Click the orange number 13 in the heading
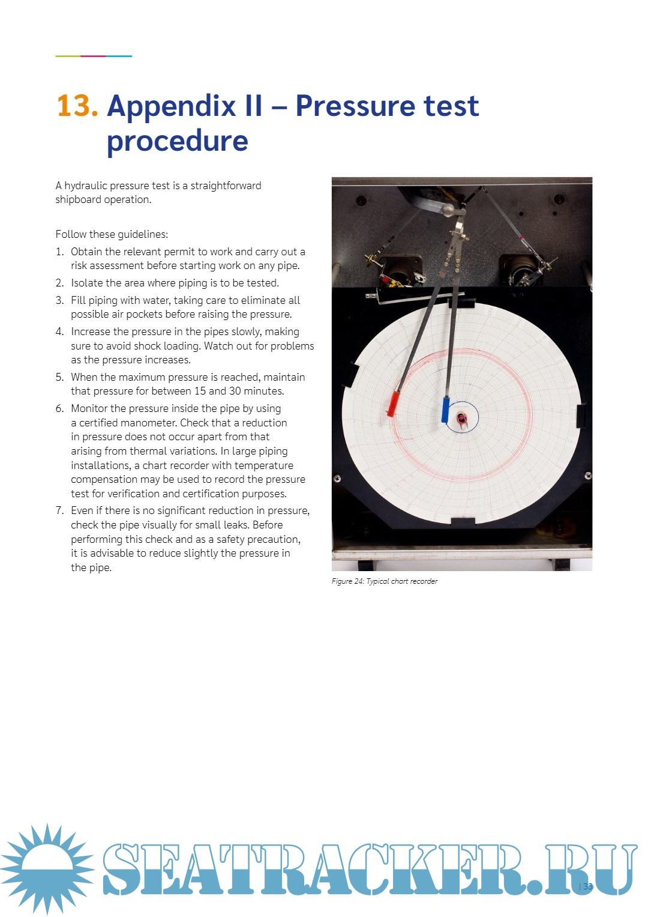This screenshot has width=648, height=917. pos(77,106)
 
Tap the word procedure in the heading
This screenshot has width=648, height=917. pos(177,141)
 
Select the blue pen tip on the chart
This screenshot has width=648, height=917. pos(446,410)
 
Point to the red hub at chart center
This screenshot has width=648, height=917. pos(461,418)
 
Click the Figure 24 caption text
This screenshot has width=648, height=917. pos(385,581)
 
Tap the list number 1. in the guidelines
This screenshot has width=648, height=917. pos(59,252)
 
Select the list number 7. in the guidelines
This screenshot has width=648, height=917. pos(59,510)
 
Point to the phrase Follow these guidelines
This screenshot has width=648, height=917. pos(112,234)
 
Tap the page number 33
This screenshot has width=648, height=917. pos(587,886)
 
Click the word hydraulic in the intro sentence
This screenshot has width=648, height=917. pos(89,186)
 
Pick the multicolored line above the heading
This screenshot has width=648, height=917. pos(94,56)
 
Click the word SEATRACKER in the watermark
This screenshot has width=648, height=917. pos(318,870)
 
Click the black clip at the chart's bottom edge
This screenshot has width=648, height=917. pos(463,521)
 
